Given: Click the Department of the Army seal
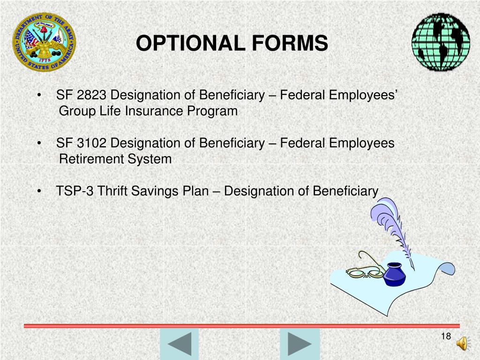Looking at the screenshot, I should [x=44, y=42].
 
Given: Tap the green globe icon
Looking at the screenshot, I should [x=441, y=42].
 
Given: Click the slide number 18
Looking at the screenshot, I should [x=445, y=337].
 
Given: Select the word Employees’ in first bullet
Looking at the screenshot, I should [x=363, y=96].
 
